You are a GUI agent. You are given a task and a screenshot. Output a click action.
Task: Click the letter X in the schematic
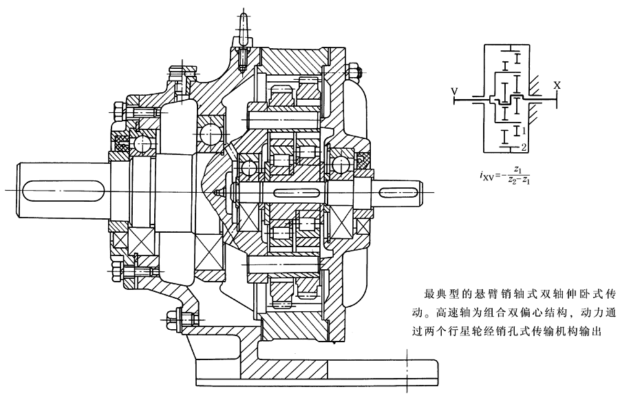(557, 85)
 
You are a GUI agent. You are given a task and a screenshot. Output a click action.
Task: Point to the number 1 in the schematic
(524, 130)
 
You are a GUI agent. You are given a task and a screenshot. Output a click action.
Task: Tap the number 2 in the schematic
(524, 146)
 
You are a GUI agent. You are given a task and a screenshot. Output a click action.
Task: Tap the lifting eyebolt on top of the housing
(245, 28)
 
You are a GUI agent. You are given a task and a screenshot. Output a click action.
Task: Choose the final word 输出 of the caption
(593, 331)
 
